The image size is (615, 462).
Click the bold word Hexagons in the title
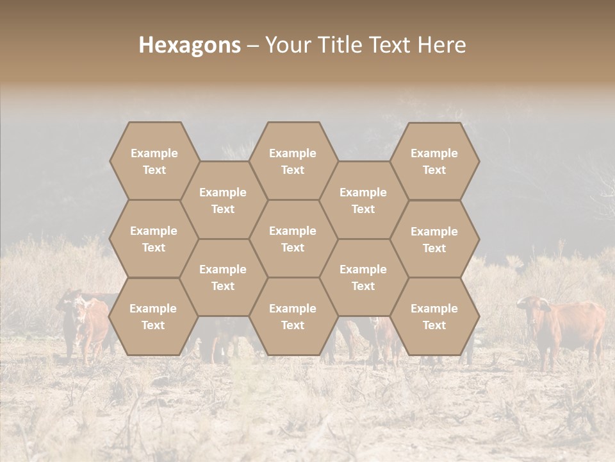190,45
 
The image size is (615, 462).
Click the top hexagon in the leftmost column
154,161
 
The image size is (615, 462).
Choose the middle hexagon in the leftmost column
154,239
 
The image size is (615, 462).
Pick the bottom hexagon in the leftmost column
153,316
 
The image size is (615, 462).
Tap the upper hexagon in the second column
223,200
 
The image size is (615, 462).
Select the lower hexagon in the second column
223,277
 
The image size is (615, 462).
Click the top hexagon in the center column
293,161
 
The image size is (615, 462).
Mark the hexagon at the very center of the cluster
293,239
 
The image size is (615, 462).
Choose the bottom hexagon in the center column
293,316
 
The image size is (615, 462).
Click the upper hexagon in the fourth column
363,200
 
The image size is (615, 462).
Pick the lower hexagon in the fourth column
363,277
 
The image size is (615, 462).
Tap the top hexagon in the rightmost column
434,161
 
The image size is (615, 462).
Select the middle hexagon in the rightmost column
434,239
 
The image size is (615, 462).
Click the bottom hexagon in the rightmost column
434,316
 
